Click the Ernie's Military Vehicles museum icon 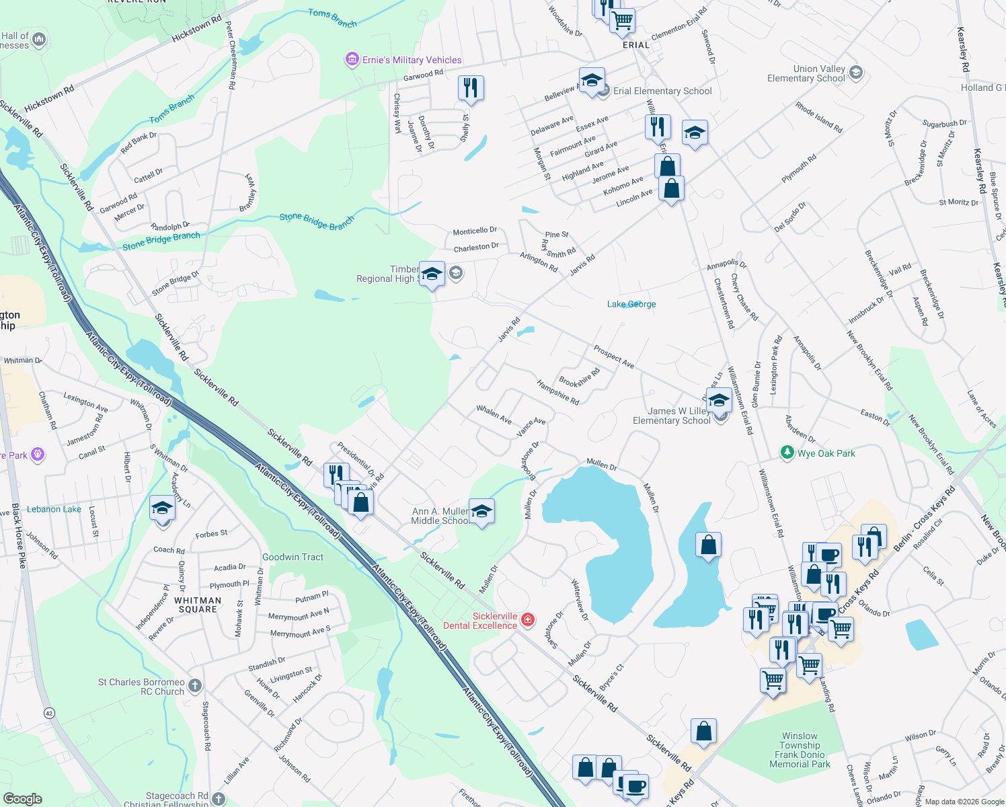tap(352, 60)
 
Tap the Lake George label tap(631, 304)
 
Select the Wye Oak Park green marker tap(787, 453)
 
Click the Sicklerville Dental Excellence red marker tap(529, 619)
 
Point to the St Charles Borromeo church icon tap(195, 686)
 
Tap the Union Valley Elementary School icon tap(855, 73)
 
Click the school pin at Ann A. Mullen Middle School tap(481, 512)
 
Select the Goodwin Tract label tap(293, 557)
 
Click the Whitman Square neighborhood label tap(197, 605)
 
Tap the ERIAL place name tap(635, 45)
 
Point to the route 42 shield tap(49, 713)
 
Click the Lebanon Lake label tap(54, 509)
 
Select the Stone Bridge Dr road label tap(175, 283)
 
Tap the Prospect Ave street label tap(613, 356)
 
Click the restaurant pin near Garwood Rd tap(471, 87)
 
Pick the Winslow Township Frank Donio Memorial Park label tap(800, 750)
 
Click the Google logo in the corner tap(22, 798)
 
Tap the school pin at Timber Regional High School tap(432, 274)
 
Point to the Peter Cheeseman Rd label tap(231, 55)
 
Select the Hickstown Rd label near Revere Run tap(196, 29)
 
